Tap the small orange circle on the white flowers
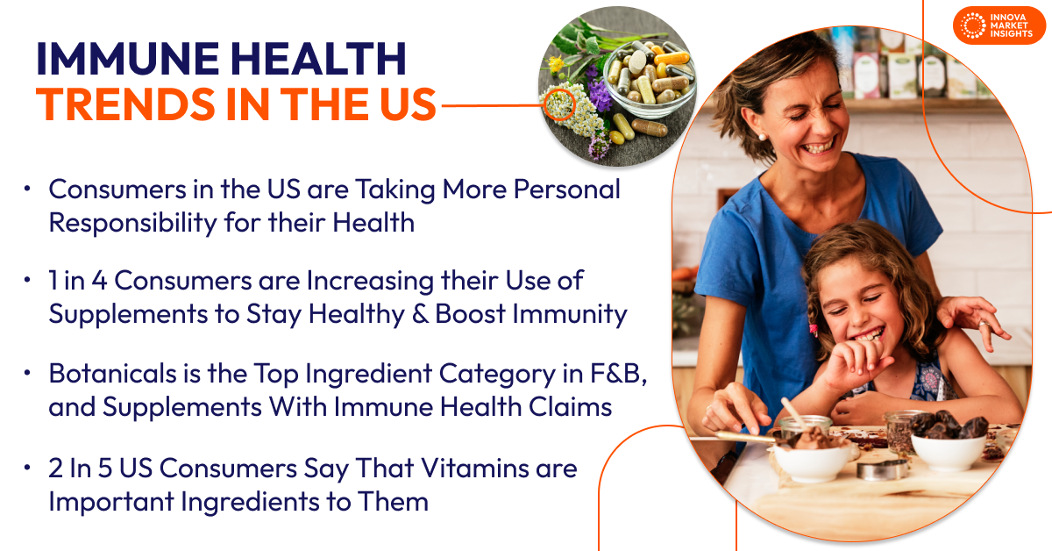(x=559, y=104)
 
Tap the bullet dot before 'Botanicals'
(x=29, y=373)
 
